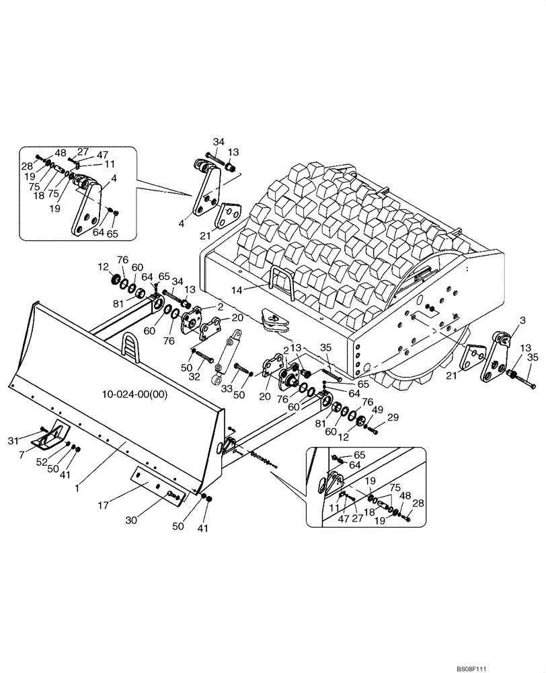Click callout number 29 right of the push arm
[392, 418]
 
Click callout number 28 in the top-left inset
[27, 166]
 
